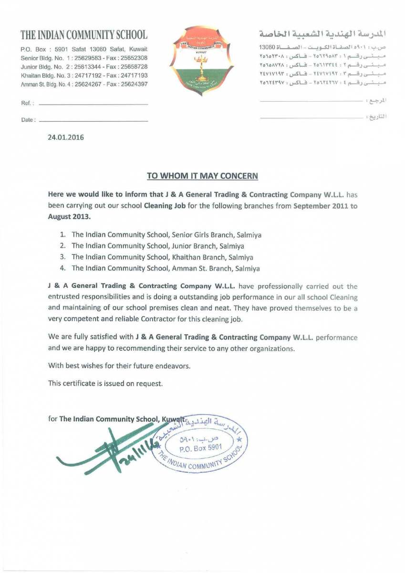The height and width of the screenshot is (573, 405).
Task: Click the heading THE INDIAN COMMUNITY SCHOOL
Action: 84,35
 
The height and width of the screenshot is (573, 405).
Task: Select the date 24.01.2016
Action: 66,138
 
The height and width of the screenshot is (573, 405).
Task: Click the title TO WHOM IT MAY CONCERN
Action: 202,176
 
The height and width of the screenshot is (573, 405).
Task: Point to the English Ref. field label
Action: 27,104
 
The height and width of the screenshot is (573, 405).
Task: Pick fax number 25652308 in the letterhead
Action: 134,58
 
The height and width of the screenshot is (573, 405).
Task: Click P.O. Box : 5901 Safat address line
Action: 83,49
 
